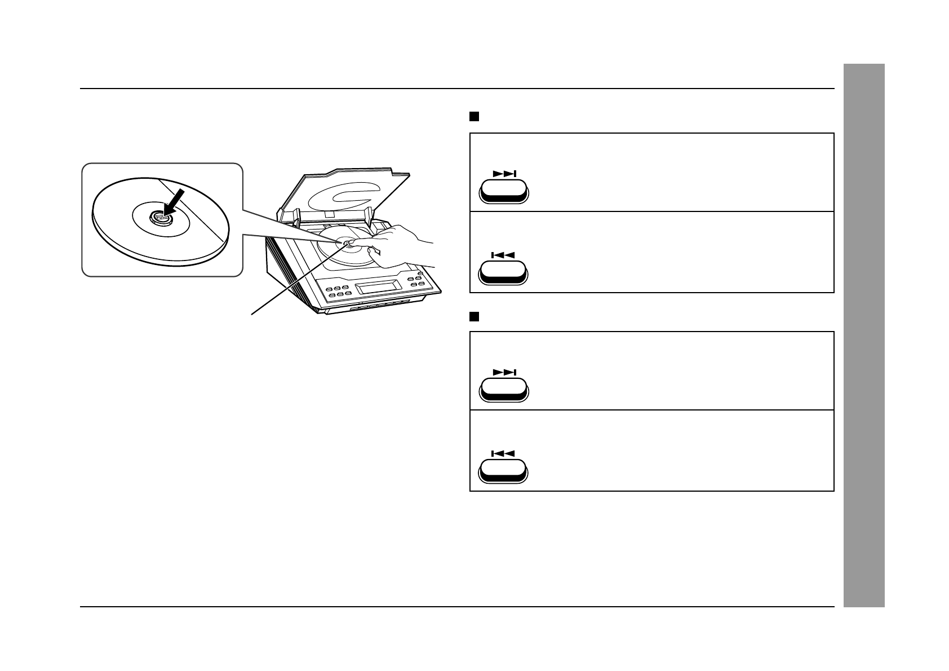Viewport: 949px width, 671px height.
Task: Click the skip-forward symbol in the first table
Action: click(x=504, y=174)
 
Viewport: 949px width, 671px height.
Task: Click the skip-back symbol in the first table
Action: click(x=503, y=255)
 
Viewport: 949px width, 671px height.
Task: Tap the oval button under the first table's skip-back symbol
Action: click(x=503, y=273)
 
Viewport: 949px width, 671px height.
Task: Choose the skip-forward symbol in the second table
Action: click(x=504, y=372)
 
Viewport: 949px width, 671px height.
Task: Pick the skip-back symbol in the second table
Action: click(x=503, y=453)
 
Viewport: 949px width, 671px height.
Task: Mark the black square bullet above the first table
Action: click(x=474, y=117)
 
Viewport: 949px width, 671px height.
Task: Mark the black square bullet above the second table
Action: click(x=474, y=316)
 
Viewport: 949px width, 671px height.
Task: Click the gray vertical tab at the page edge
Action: click(x=864, y=335)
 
